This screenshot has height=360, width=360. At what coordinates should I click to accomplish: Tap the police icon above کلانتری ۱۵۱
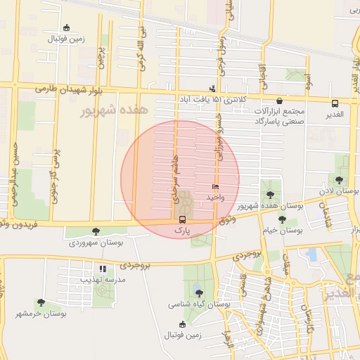[212, 89]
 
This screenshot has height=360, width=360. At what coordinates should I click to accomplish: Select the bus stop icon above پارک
[183, 219]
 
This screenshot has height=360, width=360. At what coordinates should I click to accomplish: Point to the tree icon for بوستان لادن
[340, 180]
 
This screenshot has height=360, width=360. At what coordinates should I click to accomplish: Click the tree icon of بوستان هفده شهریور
[270, 194]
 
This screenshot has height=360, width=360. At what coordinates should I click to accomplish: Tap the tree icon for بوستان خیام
[282, 219]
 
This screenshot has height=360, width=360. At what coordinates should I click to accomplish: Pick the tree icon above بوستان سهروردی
[96, 231]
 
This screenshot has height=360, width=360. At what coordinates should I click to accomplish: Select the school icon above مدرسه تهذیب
[103, 268]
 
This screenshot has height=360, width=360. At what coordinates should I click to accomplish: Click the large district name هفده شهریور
[112, 110]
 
